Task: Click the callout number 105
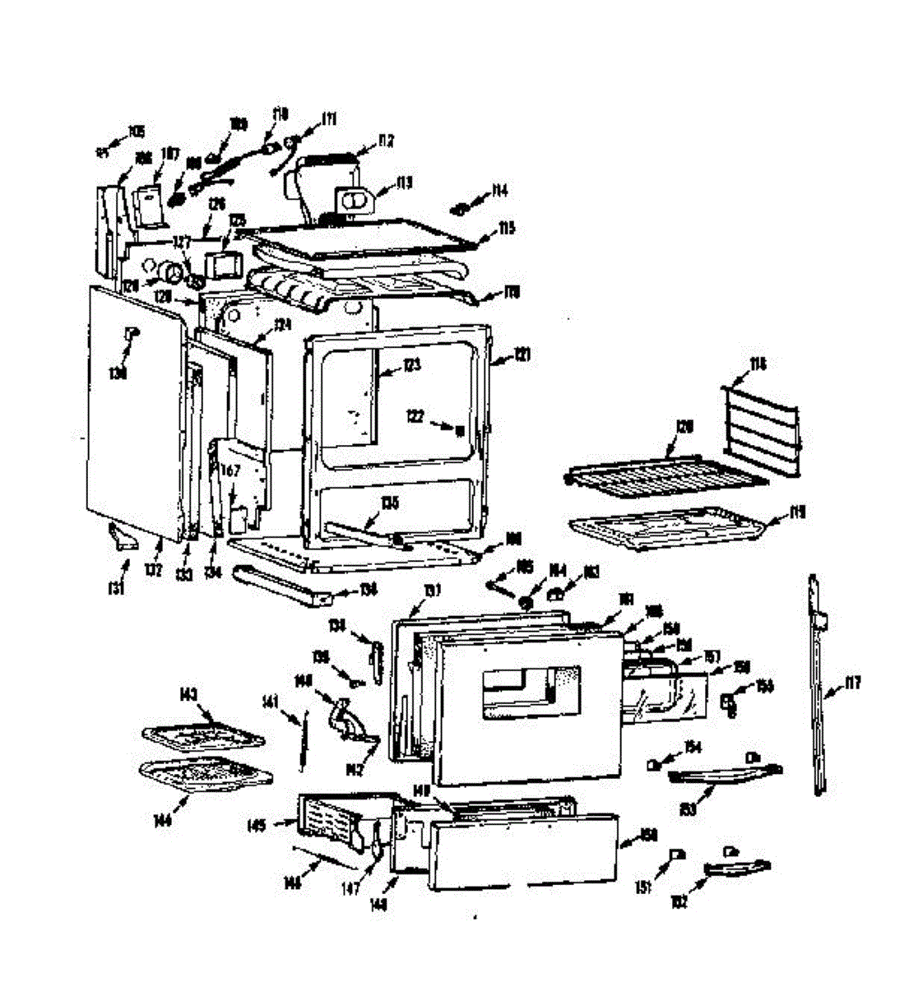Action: pyautogui.click(x=136, y=132)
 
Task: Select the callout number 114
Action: pyautogui.click(x=499, y=192)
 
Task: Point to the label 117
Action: pyautogui.click(x=852, y=682)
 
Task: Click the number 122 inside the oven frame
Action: pyautogui.click(x=416, y=417)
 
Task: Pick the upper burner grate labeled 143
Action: pyautogui.click(x=202, y=734)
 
